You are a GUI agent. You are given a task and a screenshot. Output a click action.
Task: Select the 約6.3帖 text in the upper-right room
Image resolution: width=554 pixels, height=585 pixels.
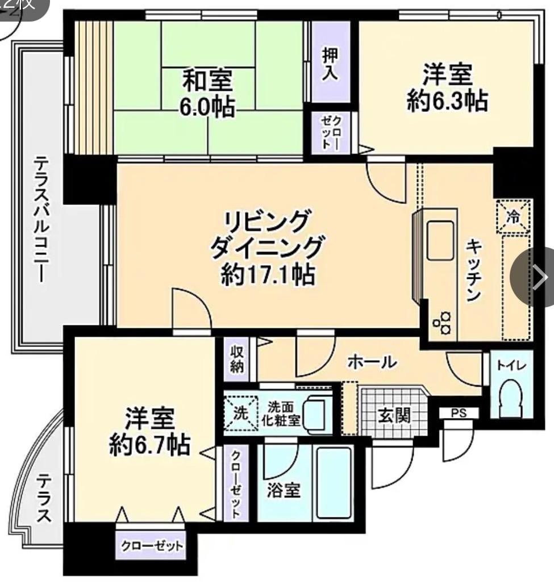447,101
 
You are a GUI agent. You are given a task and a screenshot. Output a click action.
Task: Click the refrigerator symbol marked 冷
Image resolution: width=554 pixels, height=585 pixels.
513,216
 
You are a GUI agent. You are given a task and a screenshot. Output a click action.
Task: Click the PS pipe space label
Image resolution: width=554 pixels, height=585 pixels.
459,413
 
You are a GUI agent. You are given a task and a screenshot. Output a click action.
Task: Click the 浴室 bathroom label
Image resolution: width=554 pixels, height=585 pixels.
284,490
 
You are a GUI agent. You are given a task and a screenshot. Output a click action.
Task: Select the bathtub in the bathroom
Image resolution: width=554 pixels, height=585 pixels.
335,483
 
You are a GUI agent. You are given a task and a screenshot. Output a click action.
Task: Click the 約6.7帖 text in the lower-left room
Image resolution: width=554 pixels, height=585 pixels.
149,445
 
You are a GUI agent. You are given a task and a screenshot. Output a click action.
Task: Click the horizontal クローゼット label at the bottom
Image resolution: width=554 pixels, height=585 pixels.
152,546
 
